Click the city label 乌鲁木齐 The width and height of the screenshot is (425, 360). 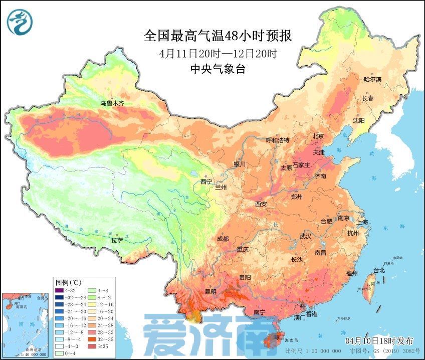(112, 103)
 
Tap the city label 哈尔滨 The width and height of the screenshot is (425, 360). (372, 80)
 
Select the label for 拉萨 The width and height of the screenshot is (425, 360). (117, 241)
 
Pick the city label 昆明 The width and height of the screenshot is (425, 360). (210, 291)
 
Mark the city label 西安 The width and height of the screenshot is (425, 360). (261, 204)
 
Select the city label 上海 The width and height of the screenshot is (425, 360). (362, 222)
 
